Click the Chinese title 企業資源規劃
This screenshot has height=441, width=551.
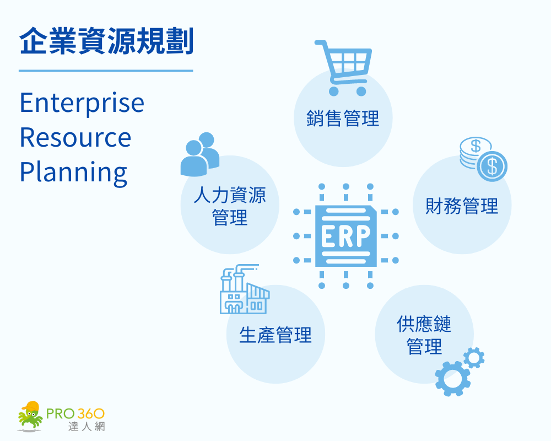click(106, 42)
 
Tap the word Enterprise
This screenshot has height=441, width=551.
click(82, 103)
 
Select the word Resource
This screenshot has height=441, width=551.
click(75, 137)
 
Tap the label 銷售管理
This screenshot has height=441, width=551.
click(343, 119)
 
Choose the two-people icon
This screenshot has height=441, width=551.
click(200, 154)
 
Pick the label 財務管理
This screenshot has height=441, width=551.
click(462, 206)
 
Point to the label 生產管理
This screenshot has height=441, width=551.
click(275, 335)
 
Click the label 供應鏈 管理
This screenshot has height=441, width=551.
click(424, 335)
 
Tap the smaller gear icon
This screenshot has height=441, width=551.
click(474, 358)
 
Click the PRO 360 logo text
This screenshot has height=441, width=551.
click(76, 413)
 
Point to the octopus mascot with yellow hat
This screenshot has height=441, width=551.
click(30, 416)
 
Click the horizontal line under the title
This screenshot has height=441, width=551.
click(106, 71)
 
